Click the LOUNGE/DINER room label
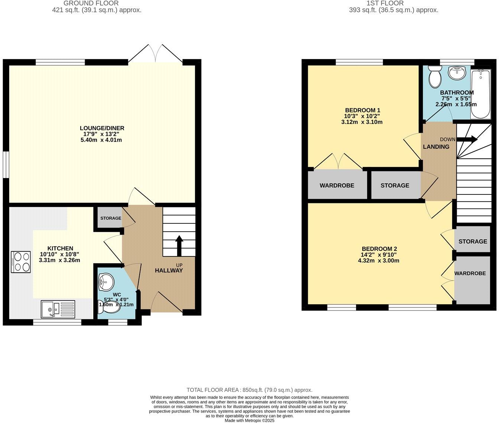102,128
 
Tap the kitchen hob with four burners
21,262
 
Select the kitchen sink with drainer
58,309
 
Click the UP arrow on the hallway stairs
179,245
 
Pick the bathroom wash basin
457,72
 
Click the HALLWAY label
169,270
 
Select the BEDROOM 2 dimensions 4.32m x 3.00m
379,260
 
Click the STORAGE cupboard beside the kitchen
110,218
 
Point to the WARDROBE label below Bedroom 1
337,185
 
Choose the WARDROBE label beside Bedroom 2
470,273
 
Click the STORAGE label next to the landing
395,185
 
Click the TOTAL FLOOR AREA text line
249,390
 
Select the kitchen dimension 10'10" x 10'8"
59,254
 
